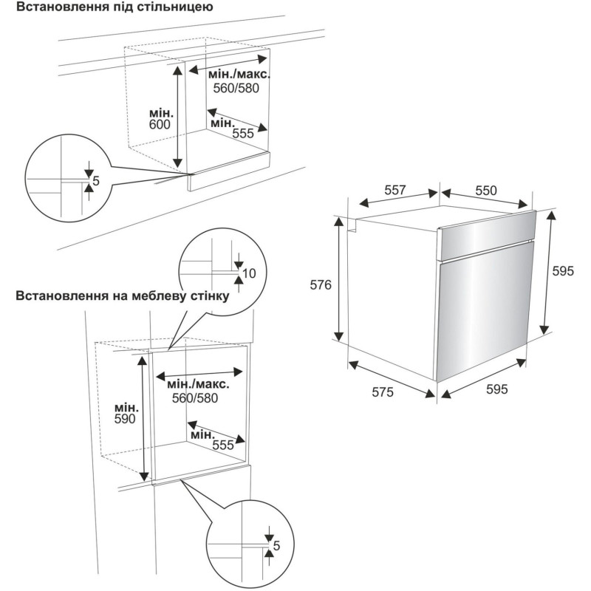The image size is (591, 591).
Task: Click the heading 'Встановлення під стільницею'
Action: [x=109, y=9]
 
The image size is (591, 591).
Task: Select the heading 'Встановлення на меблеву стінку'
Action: [x=121, y=296]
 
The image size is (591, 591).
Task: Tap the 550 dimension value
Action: [x=485, y=190]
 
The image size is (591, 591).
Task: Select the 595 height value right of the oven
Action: [x=563, y=271]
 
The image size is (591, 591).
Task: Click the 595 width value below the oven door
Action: [x=496, y=390]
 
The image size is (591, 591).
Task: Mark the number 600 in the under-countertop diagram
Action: [x=159, y=125]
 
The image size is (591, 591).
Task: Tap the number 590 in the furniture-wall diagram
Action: [x=126, y=419]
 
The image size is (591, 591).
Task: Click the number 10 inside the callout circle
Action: [x=248, y=273]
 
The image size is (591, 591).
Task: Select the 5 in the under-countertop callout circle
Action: [x=96, y=180]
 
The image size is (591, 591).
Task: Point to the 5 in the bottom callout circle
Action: [x=276, y=546]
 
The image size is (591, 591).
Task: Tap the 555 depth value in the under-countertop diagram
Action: [x=244, y=134]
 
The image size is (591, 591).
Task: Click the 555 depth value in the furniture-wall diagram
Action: [x=222, y=445]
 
